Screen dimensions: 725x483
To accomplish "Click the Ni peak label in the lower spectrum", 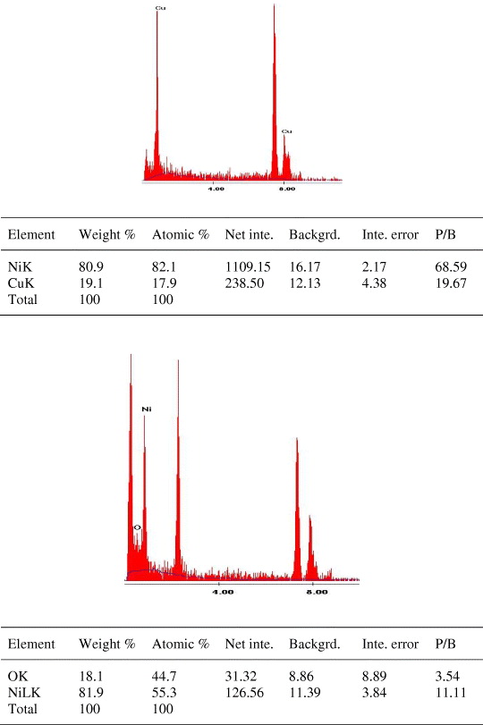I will pyautogui.click(x=147, y=409).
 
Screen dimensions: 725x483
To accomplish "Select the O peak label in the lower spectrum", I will pyautogui.click(x=137, y=528).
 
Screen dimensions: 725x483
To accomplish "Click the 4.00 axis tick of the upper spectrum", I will pyautogui.click(x=216, y=190).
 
